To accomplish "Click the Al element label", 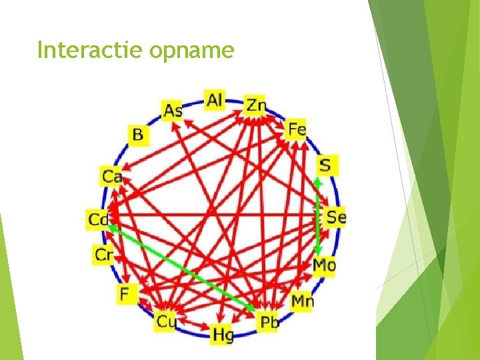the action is point(215,101).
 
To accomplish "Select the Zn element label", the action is point(255,105).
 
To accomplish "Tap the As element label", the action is point(173,111).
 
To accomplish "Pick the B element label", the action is point(137,135).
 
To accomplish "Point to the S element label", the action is point(327,165).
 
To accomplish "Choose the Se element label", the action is point(335,217).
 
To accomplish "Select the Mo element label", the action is point(324,265).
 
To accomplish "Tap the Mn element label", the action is point(302,301).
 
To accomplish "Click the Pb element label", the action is point(268,323).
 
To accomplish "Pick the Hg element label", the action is point(222,334).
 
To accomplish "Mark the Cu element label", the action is point(165,322).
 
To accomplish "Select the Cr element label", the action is point(104,254).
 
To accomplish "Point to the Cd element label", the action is point(97,219).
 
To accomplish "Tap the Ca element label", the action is point(111,177).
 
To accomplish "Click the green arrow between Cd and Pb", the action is point(180,267).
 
